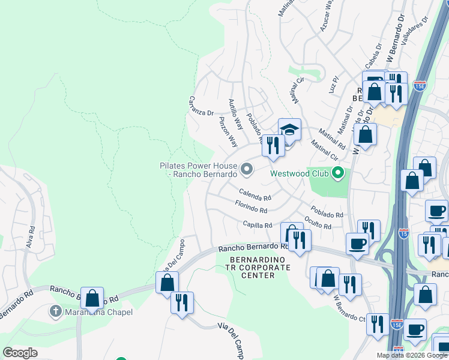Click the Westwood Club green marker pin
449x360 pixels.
pyautogui.click(x=337, y=173)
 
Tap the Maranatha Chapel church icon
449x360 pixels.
pyautogui.click(x=56, y=311)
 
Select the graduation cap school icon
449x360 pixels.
pyautogui.click(x=289, y=130)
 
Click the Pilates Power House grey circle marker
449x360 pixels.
pyautogui.click(x=246, y=170)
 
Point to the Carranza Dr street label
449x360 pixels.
pyautogui.click(x=201, y=106)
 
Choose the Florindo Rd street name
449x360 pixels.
pyautogui.click(x=251, y=208)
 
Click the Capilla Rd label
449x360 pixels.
pyautogui.click(x=258, y=225)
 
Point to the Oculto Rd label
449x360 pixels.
pyautogui.click(x=318, y=223)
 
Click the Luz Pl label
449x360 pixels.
pyautogui.click(x=334, y=83)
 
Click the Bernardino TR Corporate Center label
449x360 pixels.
pyautogui.click(x=260, y=267)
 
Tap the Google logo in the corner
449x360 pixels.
pyautogui.click(x=20, y=353)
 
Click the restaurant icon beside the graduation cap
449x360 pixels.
pyautogui.click(x=273, y=145)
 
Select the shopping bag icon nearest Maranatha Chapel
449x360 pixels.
pyautogui.click(x=92, y=298)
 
